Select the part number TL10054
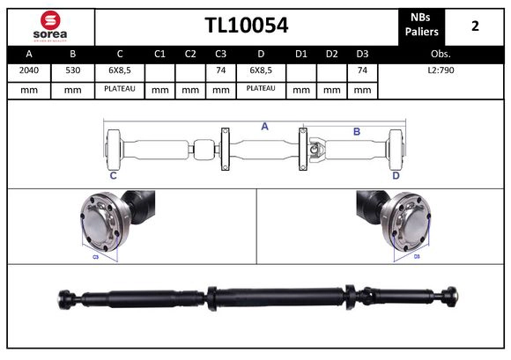[246, 26]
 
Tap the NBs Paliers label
[422, 26]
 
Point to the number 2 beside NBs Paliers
[475, 26]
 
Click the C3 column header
[221, 55]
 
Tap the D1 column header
[300, 55]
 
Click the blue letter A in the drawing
[264, 127]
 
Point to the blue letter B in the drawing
[357, 132]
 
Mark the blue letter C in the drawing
[113, 176]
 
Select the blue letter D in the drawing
[396, 176]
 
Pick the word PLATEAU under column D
[261, 89]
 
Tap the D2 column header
[331, 55]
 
